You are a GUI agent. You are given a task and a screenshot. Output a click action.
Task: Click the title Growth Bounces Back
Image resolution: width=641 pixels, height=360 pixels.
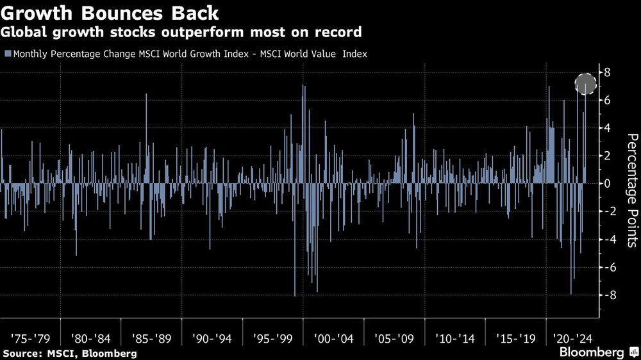pyautogui.click(x=110, y=13)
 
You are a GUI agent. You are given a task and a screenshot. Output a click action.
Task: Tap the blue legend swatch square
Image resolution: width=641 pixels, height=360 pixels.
pyautogui.click(x=7, y=54)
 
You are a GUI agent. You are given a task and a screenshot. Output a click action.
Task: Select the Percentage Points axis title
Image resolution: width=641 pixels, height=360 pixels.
pyautogui.click(x=631, y=190)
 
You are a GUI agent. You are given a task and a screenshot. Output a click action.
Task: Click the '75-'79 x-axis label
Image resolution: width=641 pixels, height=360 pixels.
pyautogui.click(x=30, y=337)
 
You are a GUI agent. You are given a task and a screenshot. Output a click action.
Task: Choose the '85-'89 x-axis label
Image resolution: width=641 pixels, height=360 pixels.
pyautogui.click(x=151, y=337)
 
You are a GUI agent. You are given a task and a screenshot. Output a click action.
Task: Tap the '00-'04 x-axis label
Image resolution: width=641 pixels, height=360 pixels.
pyautogui.click(x=333, y=337)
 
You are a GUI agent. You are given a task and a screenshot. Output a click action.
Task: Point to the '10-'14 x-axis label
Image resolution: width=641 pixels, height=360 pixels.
pyautogui.click(x=455, y=337)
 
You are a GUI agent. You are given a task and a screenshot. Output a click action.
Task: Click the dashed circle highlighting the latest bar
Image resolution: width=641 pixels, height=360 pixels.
pyautogui.click(x=586, y=84)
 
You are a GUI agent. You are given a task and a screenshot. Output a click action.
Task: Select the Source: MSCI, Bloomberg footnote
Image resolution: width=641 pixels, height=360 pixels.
pyautogui.click(x=69, y=353)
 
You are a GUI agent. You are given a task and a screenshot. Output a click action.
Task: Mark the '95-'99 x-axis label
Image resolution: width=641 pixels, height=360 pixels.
pyautogui.click(x=273, y=337)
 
